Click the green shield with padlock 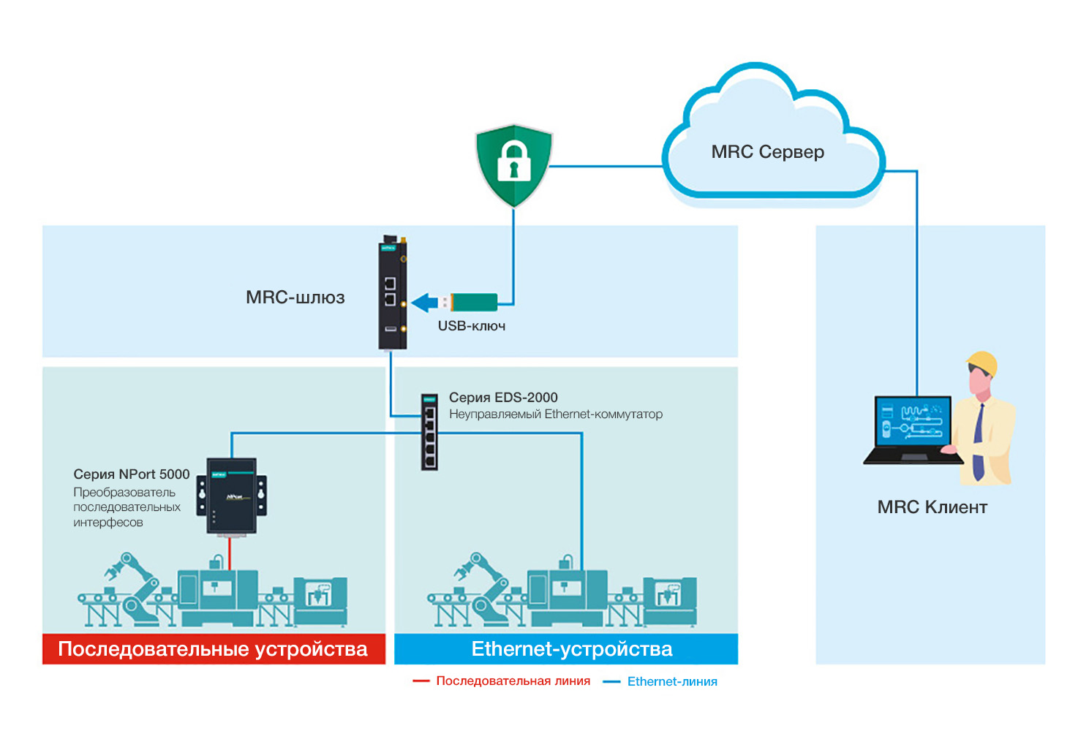point(514,164)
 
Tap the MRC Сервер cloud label point(767,152)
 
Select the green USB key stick point(473,302)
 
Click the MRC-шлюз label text point(295,298)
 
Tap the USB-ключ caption point(472,326)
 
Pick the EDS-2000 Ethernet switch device point(429,431)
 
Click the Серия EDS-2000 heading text point(503,398)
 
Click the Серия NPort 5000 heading point(132,474)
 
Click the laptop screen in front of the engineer point(913,423)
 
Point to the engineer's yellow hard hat point(983,363)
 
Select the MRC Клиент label point(932,507)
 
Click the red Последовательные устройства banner point(214,649)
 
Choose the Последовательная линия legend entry point(512,681)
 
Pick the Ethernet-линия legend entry point(671,682)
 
